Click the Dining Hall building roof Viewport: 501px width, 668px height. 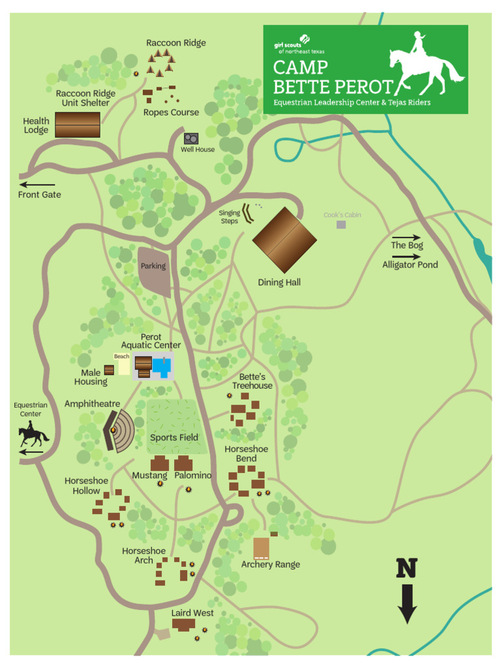click(x=284, y=240)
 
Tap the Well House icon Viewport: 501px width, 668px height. click(x=191, y=139)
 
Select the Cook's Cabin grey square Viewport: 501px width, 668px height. click(x=341, y=224)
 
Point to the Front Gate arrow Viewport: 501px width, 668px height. click(x=37, y=185)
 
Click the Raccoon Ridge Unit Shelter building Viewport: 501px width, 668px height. click(x=78, y=125)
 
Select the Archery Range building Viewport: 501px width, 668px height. click(x=262, y=549)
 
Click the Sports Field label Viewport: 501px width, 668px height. click(x=174, y=438)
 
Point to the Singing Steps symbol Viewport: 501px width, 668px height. click(x=248, y=213)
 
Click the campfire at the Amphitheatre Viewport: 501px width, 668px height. click(x=114, y=430)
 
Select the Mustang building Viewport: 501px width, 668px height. click(x=160, y=464)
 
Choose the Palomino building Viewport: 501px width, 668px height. click(x=183, y=464)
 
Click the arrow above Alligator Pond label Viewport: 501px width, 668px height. click(x=406, y=256)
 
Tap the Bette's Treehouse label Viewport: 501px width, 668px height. click(x=252, y=382)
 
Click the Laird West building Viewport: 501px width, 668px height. click(x=183, y=625)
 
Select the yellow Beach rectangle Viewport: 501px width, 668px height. click(x=123, y=367)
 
